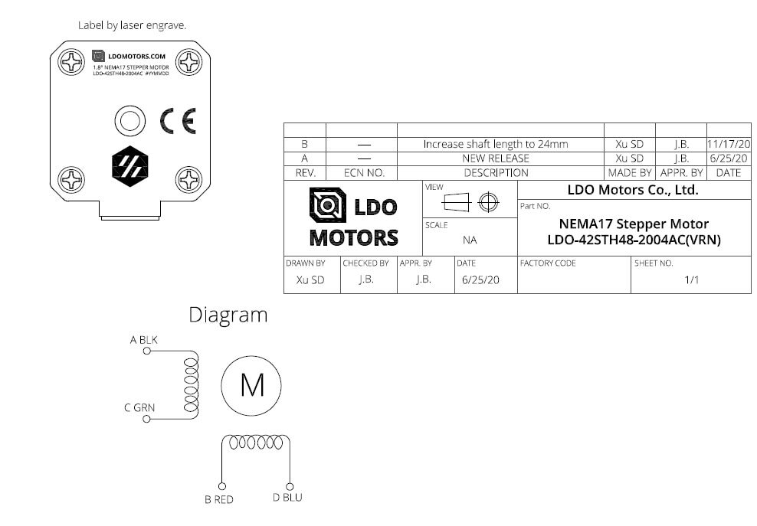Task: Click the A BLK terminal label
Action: pyautogui.click(x=144, y=339)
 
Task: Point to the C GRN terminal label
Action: pyautogui.click(x=140, y=407)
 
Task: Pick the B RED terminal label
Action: pyautogui.click(x=218, y=499)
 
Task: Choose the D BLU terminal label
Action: pyautogui.click(x=287, y=498)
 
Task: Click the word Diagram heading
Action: pyautogui.click(x=228, y=314)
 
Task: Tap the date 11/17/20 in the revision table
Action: pyautogui.click(x=729, y=144)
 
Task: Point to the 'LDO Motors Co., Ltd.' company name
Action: pyautogui.click(x=633, y=191)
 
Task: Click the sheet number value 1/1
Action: pyautogui.click(x=691, y=280)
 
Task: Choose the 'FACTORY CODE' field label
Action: pyautogui.click(x=548, y=263)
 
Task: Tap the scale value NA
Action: pyautogui.click(x=470, y=240)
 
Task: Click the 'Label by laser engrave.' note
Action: pyautogui.click(x=133, y=25)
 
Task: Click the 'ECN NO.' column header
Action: pyautogui.click(x=362, y=173)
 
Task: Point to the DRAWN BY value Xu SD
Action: pyautogui.click(x=310, y=280)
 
